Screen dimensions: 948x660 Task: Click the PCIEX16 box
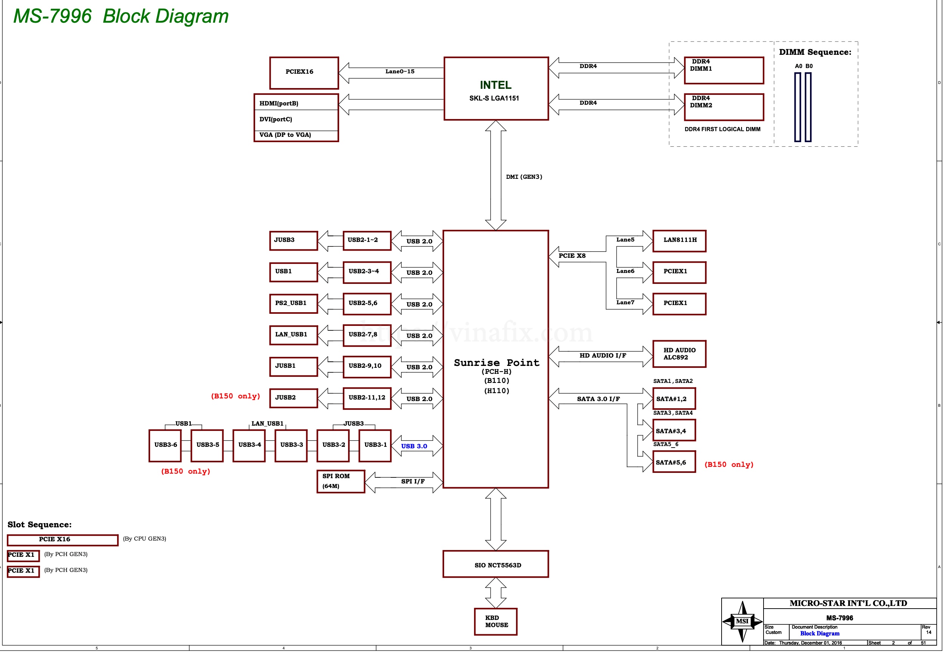click(x=304, y=73)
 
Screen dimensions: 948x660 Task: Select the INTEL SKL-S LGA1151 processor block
click(x=496, y=89)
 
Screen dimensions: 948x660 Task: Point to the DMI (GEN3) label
click(x=524, y=177)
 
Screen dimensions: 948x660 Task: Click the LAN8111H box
click(x=679, y=241)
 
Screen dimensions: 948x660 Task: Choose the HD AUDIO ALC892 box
click(x=679, y=354)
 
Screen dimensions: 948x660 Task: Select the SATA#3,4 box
click(x=674, y=431)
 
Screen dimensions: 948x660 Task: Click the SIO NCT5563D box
click(x=496, y=564)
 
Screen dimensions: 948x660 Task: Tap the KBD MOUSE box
click(x=496, y=621)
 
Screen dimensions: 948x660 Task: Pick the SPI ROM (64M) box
click(x=341, y=482)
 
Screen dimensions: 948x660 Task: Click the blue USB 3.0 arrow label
click(x=414, y=446)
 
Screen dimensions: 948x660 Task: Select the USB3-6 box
click(x=165, y=445)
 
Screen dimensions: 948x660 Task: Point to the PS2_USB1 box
click(x=294, y=304)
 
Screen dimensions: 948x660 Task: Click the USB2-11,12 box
click(x=367, y=398)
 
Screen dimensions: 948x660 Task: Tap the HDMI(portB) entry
click(x=279, y=103)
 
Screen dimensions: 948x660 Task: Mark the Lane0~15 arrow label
click(x=400, y=71)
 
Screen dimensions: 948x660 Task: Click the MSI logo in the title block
click(x=742, y=621)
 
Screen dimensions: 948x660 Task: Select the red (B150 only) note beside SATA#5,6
click(x=729, y=465)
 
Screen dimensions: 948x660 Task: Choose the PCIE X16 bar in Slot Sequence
click(x=63, y=540)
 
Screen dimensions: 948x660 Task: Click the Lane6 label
click(x=625, y=271)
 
